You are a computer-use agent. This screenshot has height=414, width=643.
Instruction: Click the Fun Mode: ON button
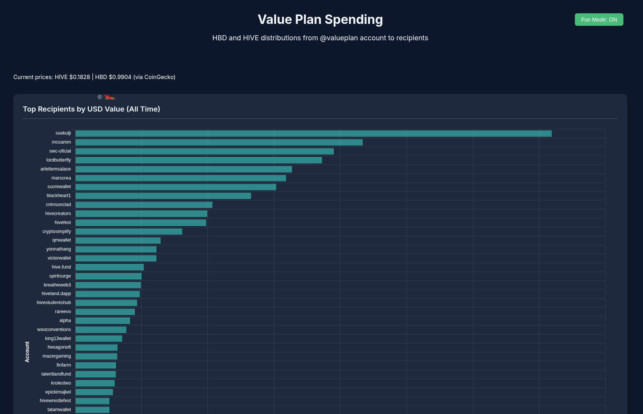tap(599, 20)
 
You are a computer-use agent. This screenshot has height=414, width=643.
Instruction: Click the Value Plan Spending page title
tap(320, 20)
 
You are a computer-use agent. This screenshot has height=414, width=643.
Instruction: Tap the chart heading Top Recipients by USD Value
tap(91, 109)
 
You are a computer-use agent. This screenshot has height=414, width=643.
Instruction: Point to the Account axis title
tap(27, 351)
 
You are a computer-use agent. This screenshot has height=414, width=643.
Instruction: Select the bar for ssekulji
tap(313, 133)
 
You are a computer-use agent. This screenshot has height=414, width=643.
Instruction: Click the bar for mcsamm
tap(219, 142)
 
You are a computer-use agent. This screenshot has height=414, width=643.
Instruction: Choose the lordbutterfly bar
tap(199, 160)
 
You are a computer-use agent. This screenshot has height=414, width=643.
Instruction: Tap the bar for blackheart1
tap(163, 196)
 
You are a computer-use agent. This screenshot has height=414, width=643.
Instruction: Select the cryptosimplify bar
tap(129, 232)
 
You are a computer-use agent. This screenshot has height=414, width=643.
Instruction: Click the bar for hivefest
tap(141, 223)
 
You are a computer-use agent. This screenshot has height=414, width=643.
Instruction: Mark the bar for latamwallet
tap(92, 410)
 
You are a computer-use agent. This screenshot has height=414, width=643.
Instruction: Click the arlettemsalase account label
tap(56, 169)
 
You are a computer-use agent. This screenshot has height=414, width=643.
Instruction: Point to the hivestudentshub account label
tap(54, 302)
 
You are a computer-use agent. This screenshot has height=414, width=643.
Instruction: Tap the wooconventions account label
tap(54, 329)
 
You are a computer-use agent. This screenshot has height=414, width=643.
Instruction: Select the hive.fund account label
tap(61, 267)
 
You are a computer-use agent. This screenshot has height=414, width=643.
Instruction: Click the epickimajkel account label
tap(58, 392)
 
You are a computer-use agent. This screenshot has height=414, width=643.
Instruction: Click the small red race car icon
tap(110, 97)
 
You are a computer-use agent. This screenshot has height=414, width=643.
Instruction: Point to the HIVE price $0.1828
tap(79, 77)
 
